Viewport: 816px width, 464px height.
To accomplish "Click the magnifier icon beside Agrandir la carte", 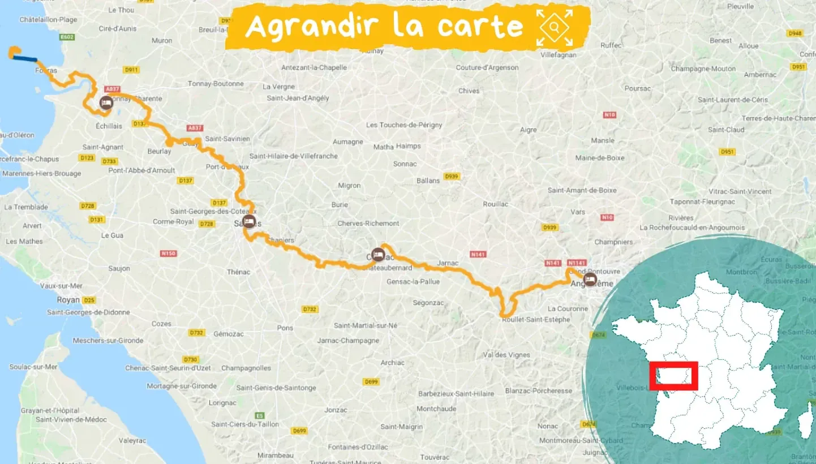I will point(555,27).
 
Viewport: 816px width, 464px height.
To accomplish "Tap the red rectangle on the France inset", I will point(673,376).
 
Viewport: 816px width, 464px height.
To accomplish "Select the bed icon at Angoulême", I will point(590,279).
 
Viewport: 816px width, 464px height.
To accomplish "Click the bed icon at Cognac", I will point(378,255).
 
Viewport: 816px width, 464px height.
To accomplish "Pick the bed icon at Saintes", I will point(248,221).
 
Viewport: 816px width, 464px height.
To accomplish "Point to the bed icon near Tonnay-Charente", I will point(106,103).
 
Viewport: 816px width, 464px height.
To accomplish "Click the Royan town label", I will point(68,300).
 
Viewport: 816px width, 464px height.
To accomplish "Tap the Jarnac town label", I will point(448,263).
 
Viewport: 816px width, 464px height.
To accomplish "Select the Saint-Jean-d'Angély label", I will point(298,98).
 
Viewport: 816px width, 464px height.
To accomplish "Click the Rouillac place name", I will point(496,204).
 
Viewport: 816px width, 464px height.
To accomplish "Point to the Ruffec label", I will point(611,45).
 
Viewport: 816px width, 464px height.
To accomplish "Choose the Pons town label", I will point(285,328).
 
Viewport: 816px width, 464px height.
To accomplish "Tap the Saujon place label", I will point(119,268).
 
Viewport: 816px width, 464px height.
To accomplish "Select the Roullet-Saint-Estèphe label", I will point(536,320).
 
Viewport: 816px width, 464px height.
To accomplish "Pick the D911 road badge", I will point(131,70).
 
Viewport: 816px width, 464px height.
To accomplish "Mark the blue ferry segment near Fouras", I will point(26,58).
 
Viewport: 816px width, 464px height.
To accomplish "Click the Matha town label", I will point(383,147).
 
